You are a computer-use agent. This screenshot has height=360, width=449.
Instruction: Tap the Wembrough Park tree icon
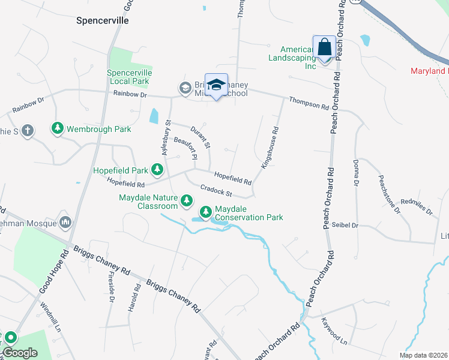[57, 128]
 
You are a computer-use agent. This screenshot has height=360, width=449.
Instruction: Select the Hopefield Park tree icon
[157, 170]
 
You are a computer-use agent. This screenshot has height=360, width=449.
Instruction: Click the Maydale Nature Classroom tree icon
[187, 200]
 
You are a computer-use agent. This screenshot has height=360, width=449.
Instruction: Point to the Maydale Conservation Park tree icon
[205, 211]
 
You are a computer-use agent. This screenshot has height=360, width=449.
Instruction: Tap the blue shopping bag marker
[324, 47]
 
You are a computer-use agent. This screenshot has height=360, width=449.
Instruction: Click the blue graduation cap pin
[216, 85]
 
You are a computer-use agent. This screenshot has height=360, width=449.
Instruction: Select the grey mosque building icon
[65, 223]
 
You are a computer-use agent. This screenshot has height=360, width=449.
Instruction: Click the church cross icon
[26, 131]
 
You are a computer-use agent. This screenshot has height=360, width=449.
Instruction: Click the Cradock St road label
[216, 190]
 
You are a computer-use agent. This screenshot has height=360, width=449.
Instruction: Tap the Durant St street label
[200, 137]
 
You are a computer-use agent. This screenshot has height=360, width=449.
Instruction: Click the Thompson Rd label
[309, 104]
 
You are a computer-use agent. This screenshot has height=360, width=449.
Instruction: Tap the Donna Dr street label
[356, 172]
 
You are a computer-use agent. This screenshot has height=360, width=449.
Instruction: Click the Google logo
[20, 353]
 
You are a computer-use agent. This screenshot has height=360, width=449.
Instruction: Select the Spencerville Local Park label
[129, 77]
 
